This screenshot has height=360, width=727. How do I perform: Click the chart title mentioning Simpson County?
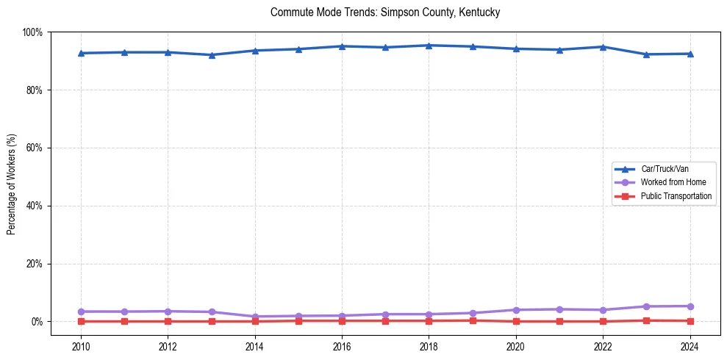(x=385, y=12)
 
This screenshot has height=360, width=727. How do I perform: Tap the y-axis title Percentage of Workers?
(x=12, y=183)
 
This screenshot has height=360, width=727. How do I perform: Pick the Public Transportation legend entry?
(x=676, y=196)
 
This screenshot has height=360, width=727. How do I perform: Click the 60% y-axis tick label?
(x=34, y=148)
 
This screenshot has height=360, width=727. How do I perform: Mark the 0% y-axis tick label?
(x=36, y=322)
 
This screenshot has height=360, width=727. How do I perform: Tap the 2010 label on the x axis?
(x=81, y=346)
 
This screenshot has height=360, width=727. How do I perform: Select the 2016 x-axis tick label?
(x=342, y=346)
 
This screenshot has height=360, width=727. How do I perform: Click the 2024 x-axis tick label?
(x=690, y=346)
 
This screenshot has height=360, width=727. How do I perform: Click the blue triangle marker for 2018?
(x=429, y=46)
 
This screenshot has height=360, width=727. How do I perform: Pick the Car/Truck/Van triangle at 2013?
(x=212, y=55)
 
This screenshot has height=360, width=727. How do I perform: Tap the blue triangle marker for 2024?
(x=690, y=54)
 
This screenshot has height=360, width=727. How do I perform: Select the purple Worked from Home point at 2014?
(x=255, y=317)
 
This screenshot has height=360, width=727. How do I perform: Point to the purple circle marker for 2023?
(x=646, y=306)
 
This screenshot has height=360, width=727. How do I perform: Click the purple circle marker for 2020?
(x=516, y=310)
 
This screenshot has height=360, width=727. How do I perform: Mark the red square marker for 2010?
(x=81, y=321)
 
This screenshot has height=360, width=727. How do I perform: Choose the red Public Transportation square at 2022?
(x=603, y=321)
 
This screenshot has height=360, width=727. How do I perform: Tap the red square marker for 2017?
(x=385, y=320)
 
